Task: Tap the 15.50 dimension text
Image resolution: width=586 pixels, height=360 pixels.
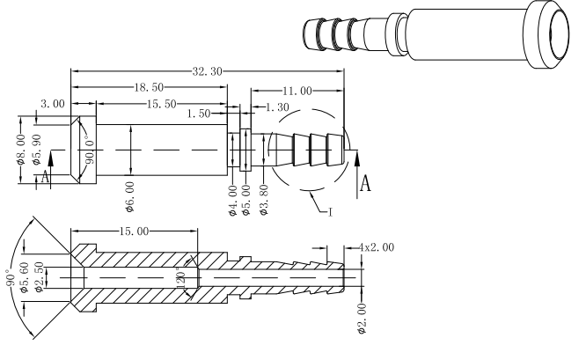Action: pyautogui.click(x=161, y=103)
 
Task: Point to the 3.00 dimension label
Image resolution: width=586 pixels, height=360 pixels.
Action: pyautogui.click(x=53, y=103)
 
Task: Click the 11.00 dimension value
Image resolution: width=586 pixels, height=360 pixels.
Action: pyautogui.click(x=297, y=89)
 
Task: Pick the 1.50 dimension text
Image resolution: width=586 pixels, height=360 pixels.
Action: pyautogui.click(x=201, y=113)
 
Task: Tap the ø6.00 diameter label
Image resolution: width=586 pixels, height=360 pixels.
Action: pyautogui.click(x=130, y=191)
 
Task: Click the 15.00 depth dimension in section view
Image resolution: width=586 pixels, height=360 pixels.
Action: pyautogui.click(x=133, y=231)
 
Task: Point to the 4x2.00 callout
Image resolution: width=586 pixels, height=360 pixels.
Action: pyautogui.click(x=377, y=247)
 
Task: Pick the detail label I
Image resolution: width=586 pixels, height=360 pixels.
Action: pyautogui.click(x=330, y=210)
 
